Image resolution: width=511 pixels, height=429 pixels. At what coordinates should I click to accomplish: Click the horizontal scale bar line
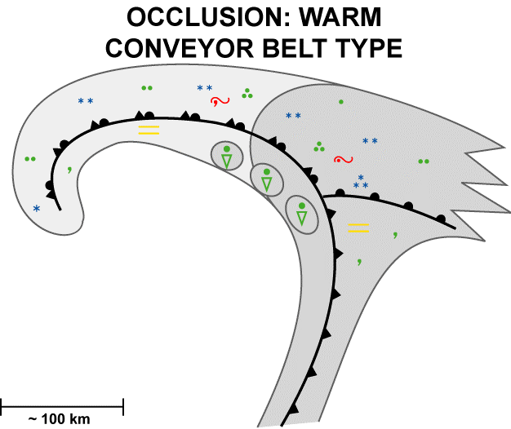61,403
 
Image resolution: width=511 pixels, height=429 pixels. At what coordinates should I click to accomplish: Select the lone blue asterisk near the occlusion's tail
37,209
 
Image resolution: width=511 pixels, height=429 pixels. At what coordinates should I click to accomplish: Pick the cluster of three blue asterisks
360,183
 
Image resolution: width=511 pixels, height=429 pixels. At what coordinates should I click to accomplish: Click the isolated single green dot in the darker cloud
341,102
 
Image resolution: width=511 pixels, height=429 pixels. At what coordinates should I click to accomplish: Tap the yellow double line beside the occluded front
149,129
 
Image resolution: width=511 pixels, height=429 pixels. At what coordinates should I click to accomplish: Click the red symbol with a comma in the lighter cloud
220,101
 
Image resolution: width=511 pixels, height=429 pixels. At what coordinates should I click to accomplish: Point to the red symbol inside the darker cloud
343,159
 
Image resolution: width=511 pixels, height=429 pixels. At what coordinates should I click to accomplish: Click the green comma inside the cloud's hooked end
69,170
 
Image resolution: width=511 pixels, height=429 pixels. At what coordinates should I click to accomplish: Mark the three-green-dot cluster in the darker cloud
319,147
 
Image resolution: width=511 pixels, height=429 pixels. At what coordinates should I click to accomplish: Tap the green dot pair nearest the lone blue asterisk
31,159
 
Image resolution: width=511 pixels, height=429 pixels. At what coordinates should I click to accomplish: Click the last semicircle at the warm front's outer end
442,219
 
